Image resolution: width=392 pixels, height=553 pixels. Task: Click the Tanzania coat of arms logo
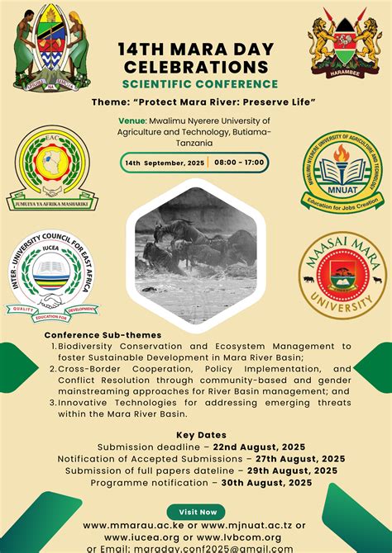[x=50, y=48]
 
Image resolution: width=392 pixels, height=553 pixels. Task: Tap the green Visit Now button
[x=195, y=511]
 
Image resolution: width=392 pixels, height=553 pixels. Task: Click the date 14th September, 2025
[x=165, y=163]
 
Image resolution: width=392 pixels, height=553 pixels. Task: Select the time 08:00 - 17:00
[x=239, y=163]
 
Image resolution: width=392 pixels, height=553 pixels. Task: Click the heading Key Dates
[x=196, y=435]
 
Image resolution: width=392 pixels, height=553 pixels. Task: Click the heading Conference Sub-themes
[x=103, y=334]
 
